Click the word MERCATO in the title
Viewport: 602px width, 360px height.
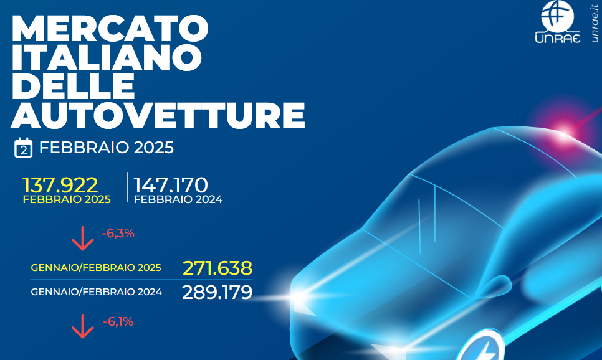tap(110, 29)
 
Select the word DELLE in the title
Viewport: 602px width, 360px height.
tap(74, 86)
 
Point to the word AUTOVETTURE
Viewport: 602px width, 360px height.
tap(158, 115)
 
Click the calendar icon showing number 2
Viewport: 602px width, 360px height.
tap(23, 148)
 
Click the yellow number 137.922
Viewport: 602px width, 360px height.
tap(60, 186)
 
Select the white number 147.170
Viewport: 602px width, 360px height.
tap(171, 186)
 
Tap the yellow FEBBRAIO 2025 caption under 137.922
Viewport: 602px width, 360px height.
tap(67, 199)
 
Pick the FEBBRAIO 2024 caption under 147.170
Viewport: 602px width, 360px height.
tap(178, 199)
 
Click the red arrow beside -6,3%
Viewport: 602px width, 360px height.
tap(82, 239)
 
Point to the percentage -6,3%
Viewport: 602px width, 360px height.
tap(118, 234)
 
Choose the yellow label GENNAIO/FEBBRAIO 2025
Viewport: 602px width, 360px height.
tap(96, 267)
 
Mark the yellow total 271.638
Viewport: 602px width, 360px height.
tap(217, 268)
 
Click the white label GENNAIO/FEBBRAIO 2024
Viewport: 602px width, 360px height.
tap(97, 292)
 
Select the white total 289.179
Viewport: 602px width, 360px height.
tap(217, 293)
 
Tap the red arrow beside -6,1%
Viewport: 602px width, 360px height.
tap(82, 326)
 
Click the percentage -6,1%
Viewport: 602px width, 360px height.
tap(118, 321)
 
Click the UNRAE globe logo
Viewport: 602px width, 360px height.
tap(558, 22)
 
